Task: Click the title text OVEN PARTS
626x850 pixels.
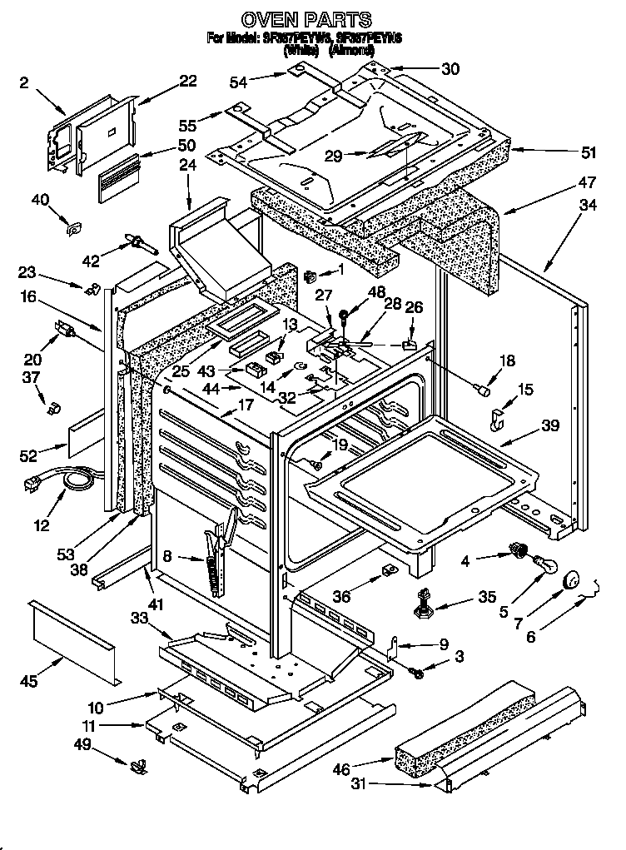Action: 306,19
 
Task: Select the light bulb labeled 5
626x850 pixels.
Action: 544,567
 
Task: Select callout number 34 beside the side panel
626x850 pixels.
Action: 588,204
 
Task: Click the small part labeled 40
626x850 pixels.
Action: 73,226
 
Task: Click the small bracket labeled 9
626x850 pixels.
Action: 399,645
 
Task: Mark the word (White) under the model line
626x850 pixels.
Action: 301,50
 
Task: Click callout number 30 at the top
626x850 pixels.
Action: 450,70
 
